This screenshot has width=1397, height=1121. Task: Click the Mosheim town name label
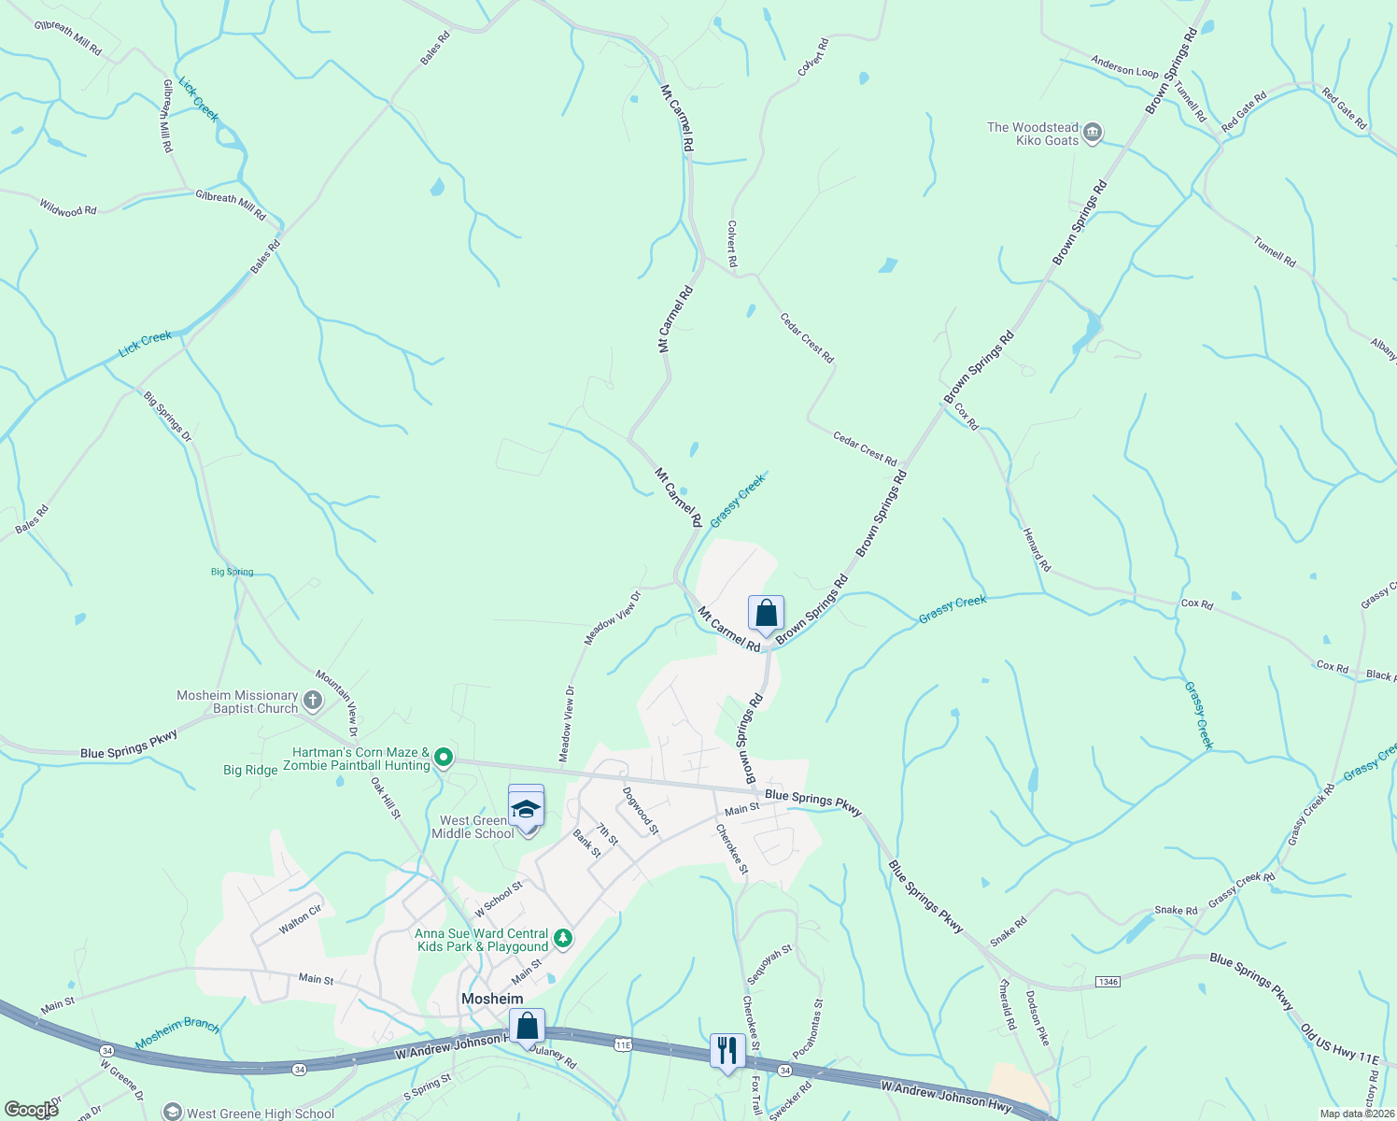click(492, 999)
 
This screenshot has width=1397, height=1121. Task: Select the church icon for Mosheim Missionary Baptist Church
click(313, 701)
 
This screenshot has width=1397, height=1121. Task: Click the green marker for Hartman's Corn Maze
click(444, 758)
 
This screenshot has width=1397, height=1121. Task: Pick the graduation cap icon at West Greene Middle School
click(526, 808)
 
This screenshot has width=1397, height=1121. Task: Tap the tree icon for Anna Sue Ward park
click(562, 939)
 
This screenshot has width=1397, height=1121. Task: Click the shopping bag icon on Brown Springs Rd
click(766, 614)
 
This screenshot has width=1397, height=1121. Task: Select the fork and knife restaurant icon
click(727, 1050)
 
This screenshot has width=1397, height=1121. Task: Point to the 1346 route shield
click(1108, 982)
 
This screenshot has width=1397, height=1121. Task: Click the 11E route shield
click(623, 1044)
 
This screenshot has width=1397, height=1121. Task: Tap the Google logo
click(31, 1109)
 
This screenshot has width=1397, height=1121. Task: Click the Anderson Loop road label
click(1124, 68)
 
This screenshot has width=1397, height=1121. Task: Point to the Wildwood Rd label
click(68, 206)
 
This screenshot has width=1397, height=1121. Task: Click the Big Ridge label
click(250, 770)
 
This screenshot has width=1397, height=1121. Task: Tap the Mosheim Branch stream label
click(177, 1032)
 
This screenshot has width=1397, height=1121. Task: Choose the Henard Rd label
click(1037, 549)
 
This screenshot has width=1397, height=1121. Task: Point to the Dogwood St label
click(641, 810)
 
